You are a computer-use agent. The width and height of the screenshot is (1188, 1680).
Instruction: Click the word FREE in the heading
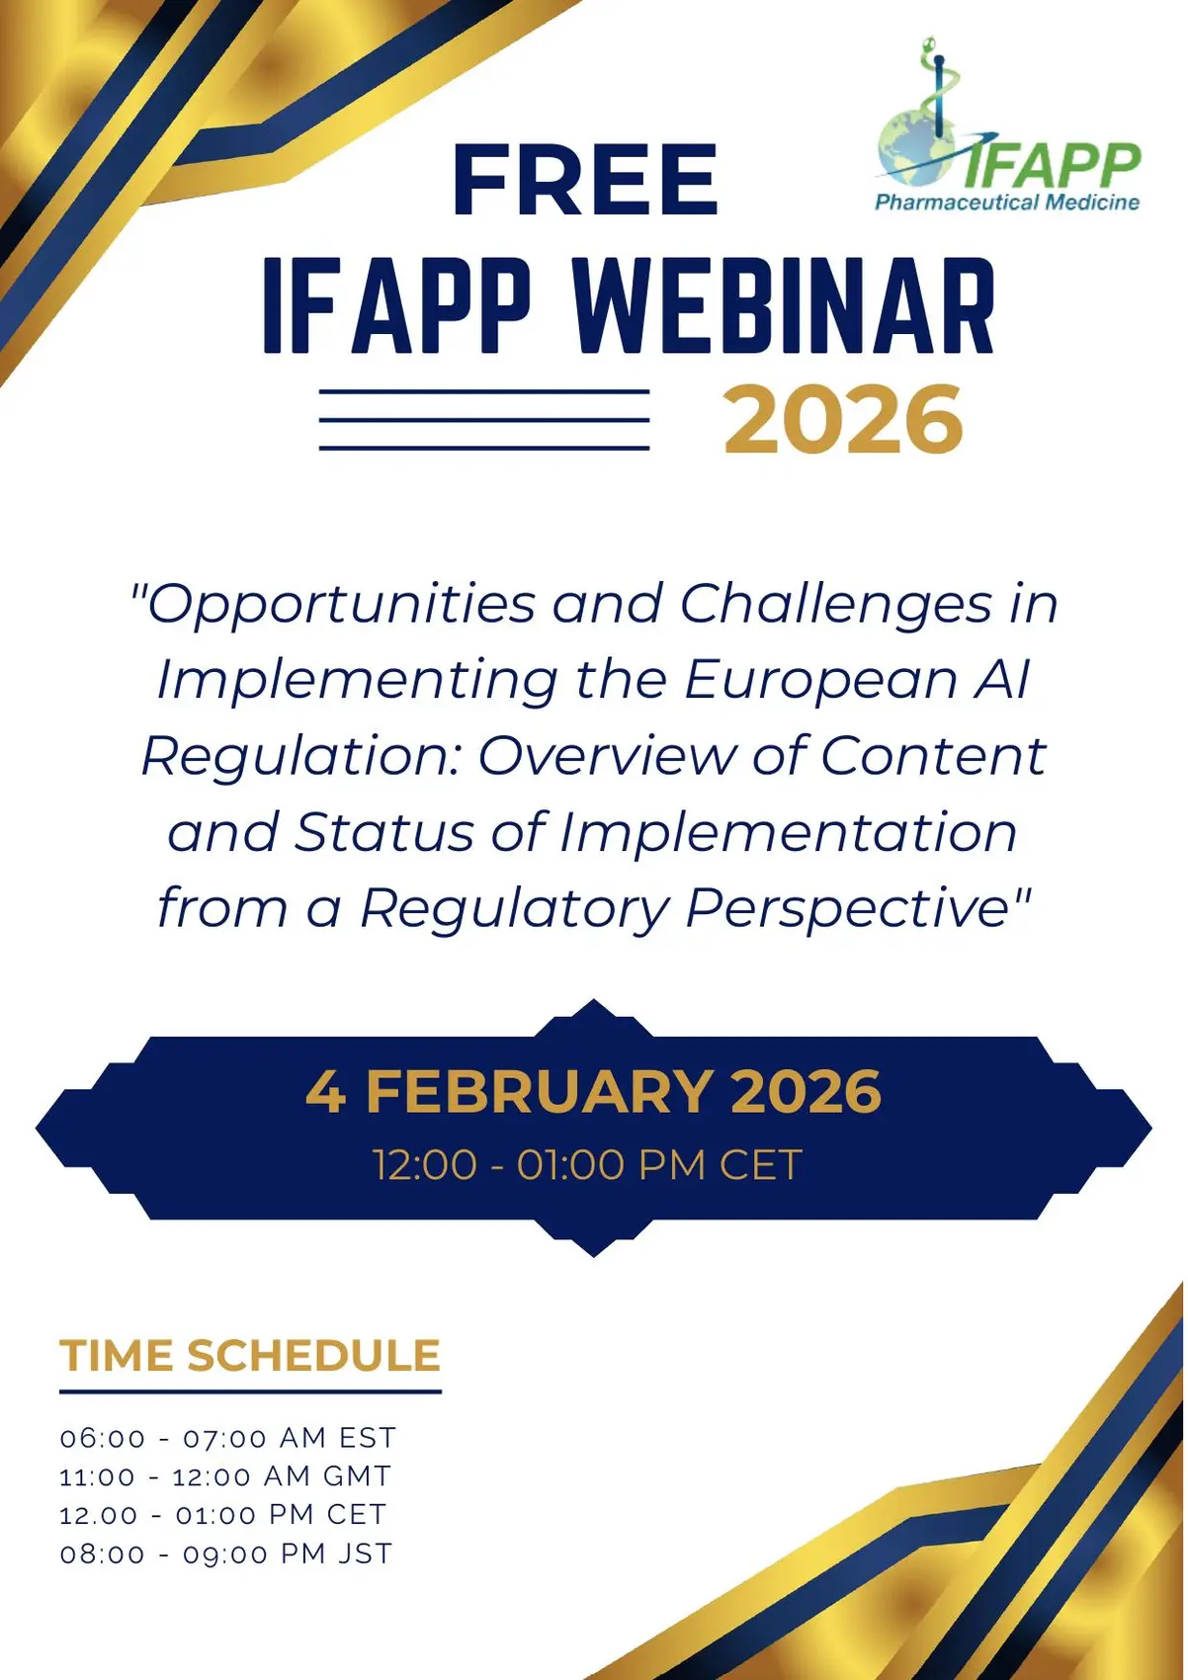pos(585,180)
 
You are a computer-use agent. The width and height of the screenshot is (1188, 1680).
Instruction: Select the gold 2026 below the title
pos(842,420)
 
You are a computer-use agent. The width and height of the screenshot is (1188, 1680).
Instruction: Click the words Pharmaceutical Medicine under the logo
pos(1007,202)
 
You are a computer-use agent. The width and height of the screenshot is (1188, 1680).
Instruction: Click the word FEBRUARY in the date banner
pos(539,1091)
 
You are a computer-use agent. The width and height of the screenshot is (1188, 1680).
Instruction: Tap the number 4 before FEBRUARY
pos(326,1091)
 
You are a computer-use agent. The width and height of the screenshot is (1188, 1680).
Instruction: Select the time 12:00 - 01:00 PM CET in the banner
pos(588,1165)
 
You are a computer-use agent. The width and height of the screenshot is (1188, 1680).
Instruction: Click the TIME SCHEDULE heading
pos(250,1356)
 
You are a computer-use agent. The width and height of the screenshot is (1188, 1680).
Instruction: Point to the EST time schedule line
pos(227,1438)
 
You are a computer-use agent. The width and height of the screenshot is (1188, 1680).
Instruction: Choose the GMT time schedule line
pos(225,1476)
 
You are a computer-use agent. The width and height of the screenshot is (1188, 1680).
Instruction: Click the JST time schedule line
pos(225,1554)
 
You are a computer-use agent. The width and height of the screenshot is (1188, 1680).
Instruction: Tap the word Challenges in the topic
pos(835,606)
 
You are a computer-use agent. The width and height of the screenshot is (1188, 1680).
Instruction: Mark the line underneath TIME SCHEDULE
pos(250,1391)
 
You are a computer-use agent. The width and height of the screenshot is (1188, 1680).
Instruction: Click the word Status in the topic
pos(383,832)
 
